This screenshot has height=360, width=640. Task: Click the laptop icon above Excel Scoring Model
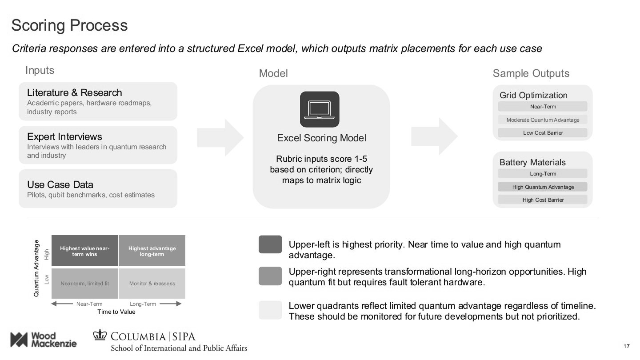320,109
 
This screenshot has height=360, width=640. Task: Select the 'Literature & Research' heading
74,92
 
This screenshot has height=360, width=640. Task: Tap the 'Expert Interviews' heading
64,136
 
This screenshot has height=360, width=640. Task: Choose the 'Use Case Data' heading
60,184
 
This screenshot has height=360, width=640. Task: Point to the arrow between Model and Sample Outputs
434,136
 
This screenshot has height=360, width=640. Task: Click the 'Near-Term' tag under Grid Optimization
543,107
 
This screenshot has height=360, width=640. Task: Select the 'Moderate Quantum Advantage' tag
543,120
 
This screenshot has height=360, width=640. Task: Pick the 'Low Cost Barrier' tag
543,133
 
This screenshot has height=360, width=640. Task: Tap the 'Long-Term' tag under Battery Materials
543,174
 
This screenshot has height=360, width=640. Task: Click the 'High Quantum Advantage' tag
543,187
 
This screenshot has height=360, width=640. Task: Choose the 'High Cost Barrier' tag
543,200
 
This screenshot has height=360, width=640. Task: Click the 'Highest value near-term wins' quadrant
84,251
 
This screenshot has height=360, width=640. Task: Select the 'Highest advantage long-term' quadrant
152,251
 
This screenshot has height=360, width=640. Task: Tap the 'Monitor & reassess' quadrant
152,284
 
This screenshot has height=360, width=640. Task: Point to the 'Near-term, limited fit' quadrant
84,284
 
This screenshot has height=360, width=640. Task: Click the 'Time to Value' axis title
116,312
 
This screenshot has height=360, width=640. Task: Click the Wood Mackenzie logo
43,340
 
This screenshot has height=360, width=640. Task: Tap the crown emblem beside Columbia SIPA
100,336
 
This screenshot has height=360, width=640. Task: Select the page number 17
627,346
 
